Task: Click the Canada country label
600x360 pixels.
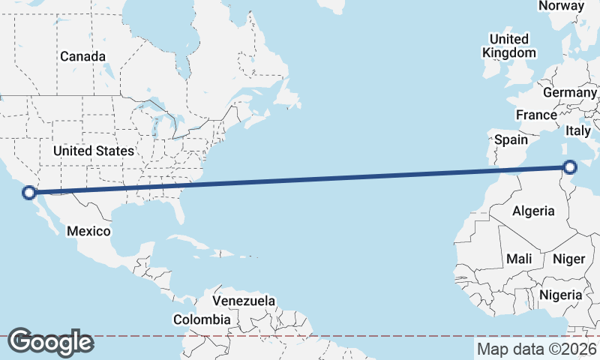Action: (x=82, y=56)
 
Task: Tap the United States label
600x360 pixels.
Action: (x=94, y=151)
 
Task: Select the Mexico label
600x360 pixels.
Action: (x=88, y=231)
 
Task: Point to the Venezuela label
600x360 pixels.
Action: (x=244, y=301)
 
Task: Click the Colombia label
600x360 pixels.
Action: (x=202, y=319)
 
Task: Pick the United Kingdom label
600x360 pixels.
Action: (x=509, y=46)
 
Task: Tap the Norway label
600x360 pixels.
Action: (x=561, y=6)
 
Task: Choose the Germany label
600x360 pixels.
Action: (x=569, y=92)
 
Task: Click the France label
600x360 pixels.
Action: (x=536, y=115)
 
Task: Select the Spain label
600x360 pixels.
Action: (x=511, y=139)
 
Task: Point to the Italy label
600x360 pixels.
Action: (x=578, y=130)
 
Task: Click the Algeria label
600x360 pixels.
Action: (x=533, y=211)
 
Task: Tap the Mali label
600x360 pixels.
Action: (x=519, y=259)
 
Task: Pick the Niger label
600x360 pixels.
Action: (x=568, y=259)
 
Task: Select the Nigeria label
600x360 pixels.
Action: (x=560, y=295)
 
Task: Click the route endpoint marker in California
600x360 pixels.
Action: (x=29, y=193)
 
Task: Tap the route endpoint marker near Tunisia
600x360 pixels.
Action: (x=571, y=167)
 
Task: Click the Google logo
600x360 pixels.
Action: (x=50, y=342)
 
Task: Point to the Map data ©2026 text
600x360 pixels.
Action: (x=537, y=349)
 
